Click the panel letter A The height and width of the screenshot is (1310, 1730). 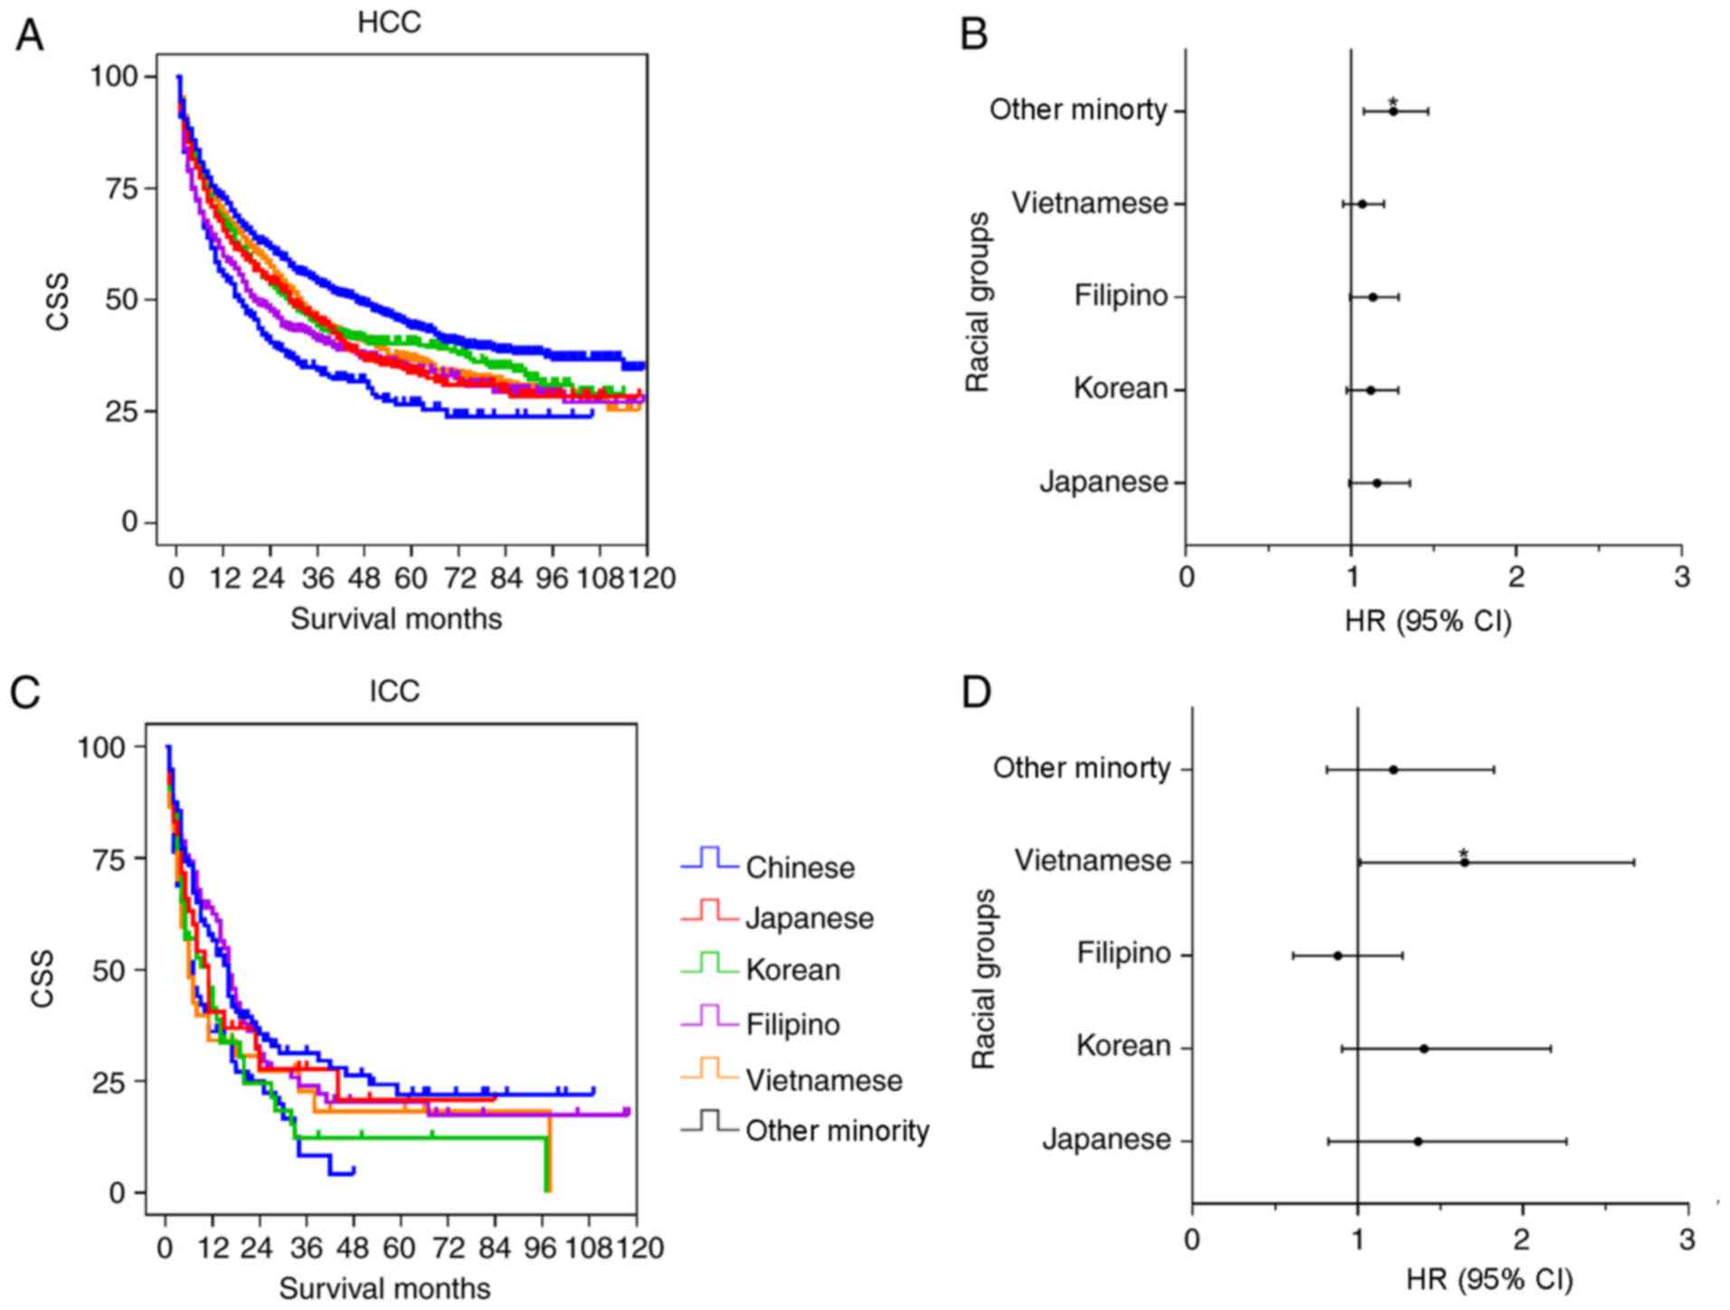pyautogui.click(x=29, y=36)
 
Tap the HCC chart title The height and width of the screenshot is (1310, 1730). pyautogui.click(x=389, y=23)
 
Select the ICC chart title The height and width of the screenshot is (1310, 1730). pyautogui.click(x=394, y=692)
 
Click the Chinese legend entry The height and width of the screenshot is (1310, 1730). pyautogui.click(x=799, y=868)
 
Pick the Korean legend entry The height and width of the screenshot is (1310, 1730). pyautogui.click(x=793, y=970)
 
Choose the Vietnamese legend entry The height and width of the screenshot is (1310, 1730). pyautogui.click(x=824, y=1080)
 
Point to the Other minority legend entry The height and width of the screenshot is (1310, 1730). pyautogui.click(x=837, y=1131)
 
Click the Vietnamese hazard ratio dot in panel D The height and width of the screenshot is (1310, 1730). pyautogui.click(x=1464, y=862)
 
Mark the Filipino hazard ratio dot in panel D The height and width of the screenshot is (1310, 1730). pyautogui.click(x=1338, y=956)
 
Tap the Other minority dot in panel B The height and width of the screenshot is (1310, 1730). pyautogui.click(x=1394, y=111)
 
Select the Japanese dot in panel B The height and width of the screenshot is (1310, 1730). pyautogui.click(x=1377, y=483)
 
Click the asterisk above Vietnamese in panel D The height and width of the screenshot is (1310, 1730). pyautogui.click(x=1463, y=853)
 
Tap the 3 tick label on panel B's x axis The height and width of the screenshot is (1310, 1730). pyautogui.click(x=1681, y=577)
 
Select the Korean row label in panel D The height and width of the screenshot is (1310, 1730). pyautogui.click(x=1123, y=1047)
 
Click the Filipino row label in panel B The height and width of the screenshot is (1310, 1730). pyautogui.click(x=1120, y=297)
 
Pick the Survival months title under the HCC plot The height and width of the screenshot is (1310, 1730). pyautogui.click(x=396, y=619)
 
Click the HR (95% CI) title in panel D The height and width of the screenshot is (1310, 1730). pyautogui.click(x=1489, y=1279)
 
